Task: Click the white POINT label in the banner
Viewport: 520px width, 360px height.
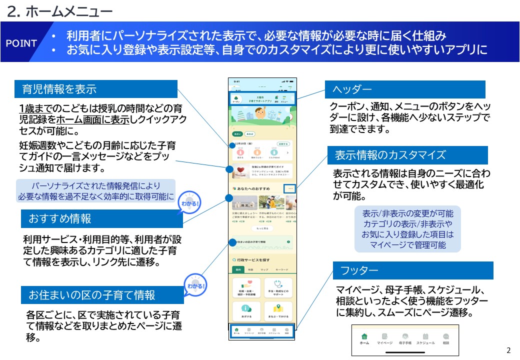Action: (x=21, y=43)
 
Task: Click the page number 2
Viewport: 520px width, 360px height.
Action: (x=509, y=350)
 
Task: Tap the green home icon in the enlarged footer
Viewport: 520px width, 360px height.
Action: (x=364, y=336)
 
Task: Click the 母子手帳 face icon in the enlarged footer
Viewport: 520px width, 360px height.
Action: (x=405, y=336)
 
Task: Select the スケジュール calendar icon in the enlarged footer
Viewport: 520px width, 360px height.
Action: (x=425, y=336)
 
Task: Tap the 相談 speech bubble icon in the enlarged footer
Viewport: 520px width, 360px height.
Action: (x=446, y=336)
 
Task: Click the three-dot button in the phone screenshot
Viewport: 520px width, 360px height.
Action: (x=291, y=188)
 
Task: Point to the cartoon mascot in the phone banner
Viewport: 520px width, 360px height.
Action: (x=260, y=113)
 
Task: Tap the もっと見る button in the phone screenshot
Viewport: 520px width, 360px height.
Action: (x=262, y=228)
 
